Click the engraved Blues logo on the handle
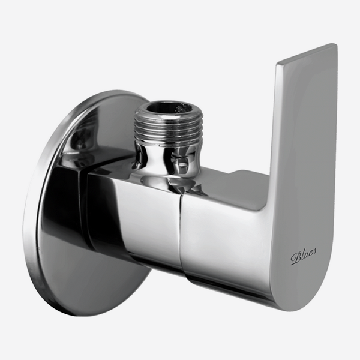click(x=303, y=256)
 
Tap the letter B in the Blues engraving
click(x=296, y=258)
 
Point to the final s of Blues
click(x=314, y=251)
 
